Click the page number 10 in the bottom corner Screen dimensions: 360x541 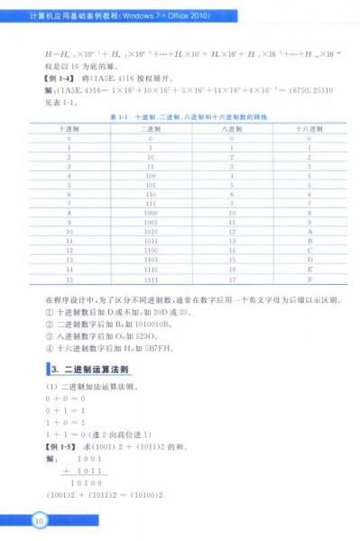point(38,520)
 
